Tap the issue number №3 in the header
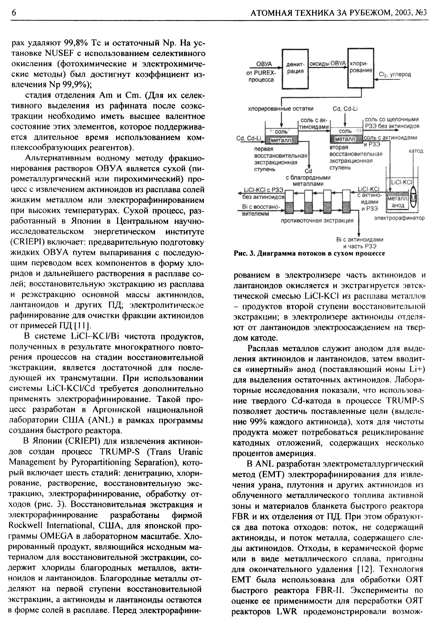422,13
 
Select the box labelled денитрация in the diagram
295,69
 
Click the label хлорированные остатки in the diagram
281,109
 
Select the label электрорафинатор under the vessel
399,218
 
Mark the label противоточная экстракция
317,220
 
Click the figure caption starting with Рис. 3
309,253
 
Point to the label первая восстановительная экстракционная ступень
280,159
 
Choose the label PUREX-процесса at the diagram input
261,77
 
